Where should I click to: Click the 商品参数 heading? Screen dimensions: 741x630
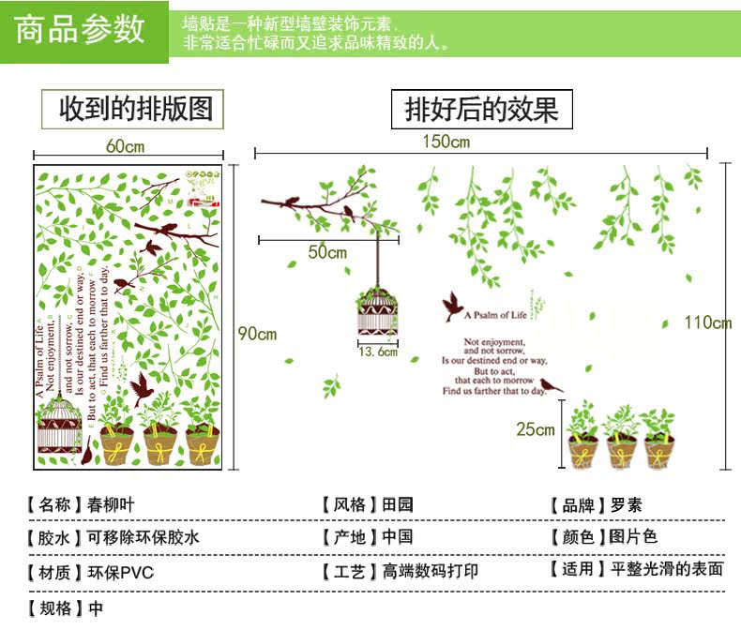pos(82,29)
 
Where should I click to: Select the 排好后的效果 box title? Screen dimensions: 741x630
pos(481,110)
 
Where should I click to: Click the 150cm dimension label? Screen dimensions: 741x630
pos(446,142)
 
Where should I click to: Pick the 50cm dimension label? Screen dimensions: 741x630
pos(327,252)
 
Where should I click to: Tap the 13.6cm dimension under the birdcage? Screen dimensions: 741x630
pos(378,352)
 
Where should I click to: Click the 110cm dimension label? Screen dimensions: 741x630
pos(707,322)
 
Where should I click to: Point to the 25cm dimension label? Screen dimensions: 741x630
pos(535,429)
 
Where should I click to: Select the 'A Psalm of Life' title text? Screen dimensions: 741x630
pos(496,315)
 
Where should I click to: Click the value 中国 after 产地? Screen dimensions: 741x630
pos(398,537)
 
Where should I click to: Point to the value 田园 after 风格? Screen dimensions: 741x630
pos(398,504)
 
